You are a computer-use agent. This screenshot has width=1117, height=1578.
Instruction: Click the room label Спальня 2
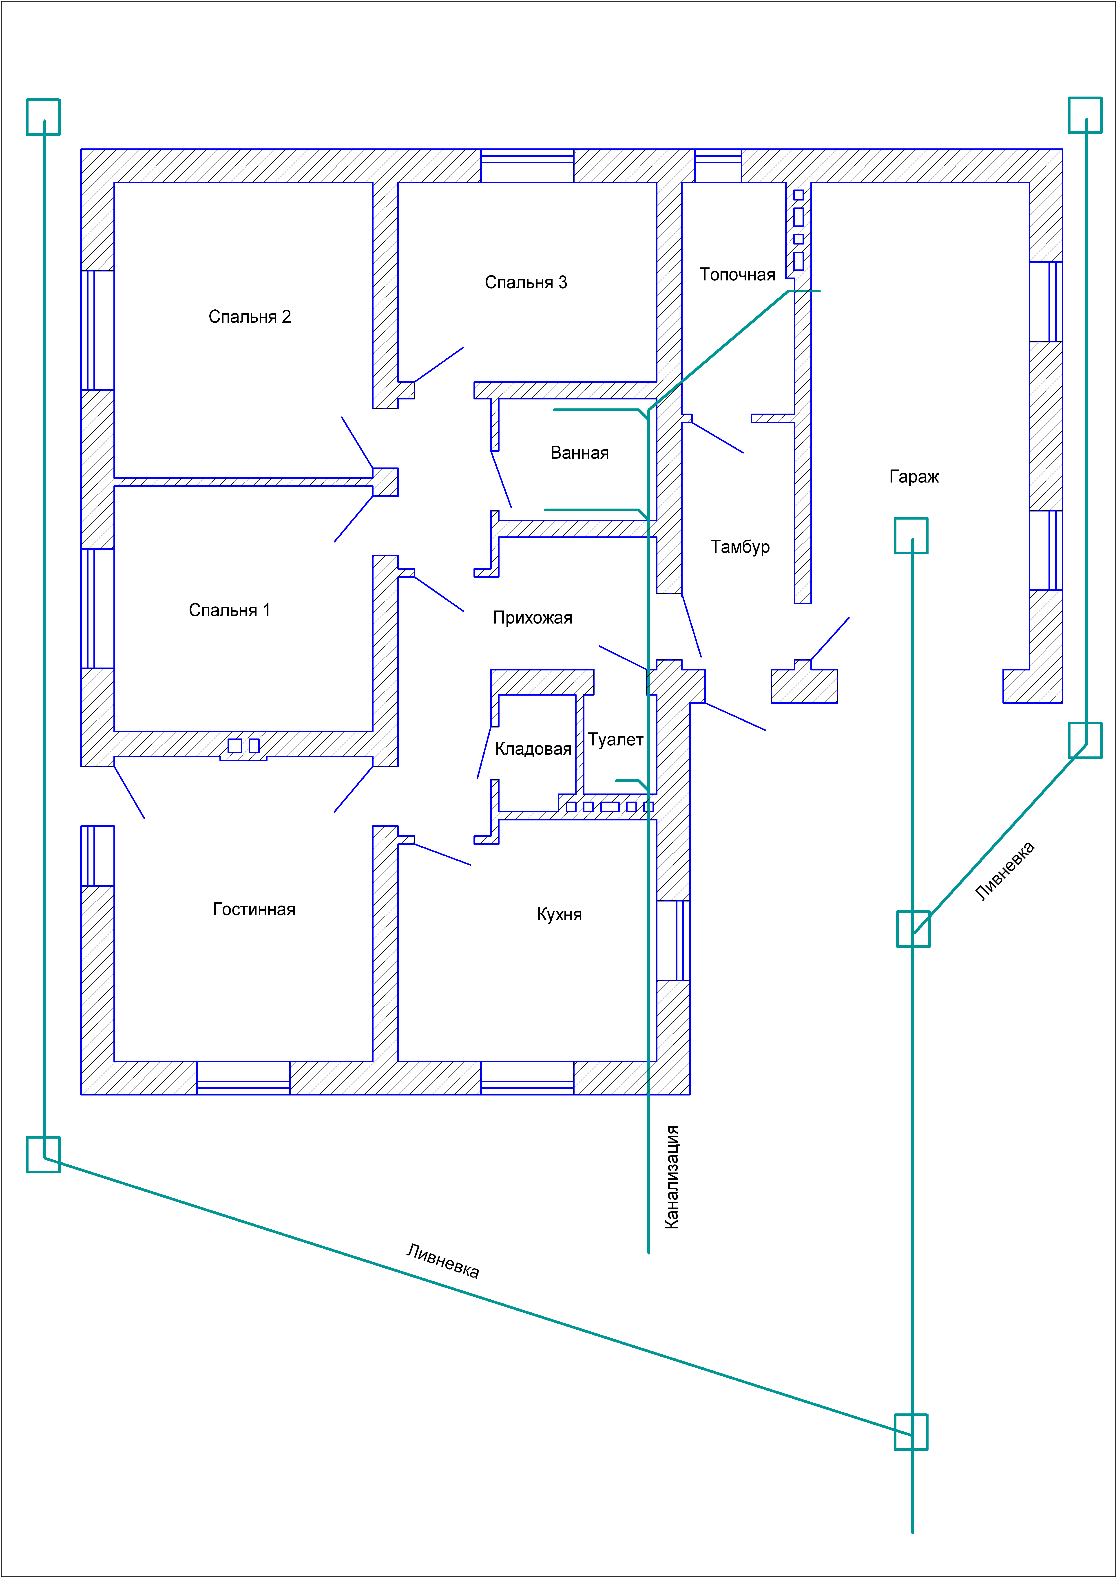tap(250, 317)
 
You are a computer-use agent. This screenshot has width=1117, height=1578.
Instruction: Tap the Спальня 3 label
tap(526, 283)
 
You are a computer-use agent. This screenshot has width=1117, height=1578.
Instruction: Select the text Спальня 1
tap(230, 610)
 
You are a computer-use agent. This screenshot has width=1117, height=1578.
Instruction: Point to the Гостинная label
tap(254, 910)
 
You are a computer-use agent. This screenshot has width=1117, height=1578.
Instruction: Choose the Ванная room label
tap(580, 453)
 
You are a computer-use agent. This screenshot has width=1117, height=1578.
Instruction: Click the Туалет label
tap(616, 740)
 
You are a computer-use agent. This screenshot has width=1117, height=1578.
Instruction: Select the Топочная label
tap(737, 275)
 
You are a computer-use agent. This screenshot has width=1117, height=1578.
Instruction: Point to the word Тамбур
tap(740, 547)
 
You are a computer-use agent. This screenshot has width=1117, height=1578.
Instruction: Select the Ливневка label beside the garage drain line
tap(1005, 871)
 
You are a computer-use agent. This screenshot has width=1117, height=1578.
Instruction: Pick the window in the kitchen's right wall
tap(673, 940)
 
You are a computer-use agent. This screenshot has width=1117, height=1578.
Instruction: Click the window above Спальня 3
tap(527, 166)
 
